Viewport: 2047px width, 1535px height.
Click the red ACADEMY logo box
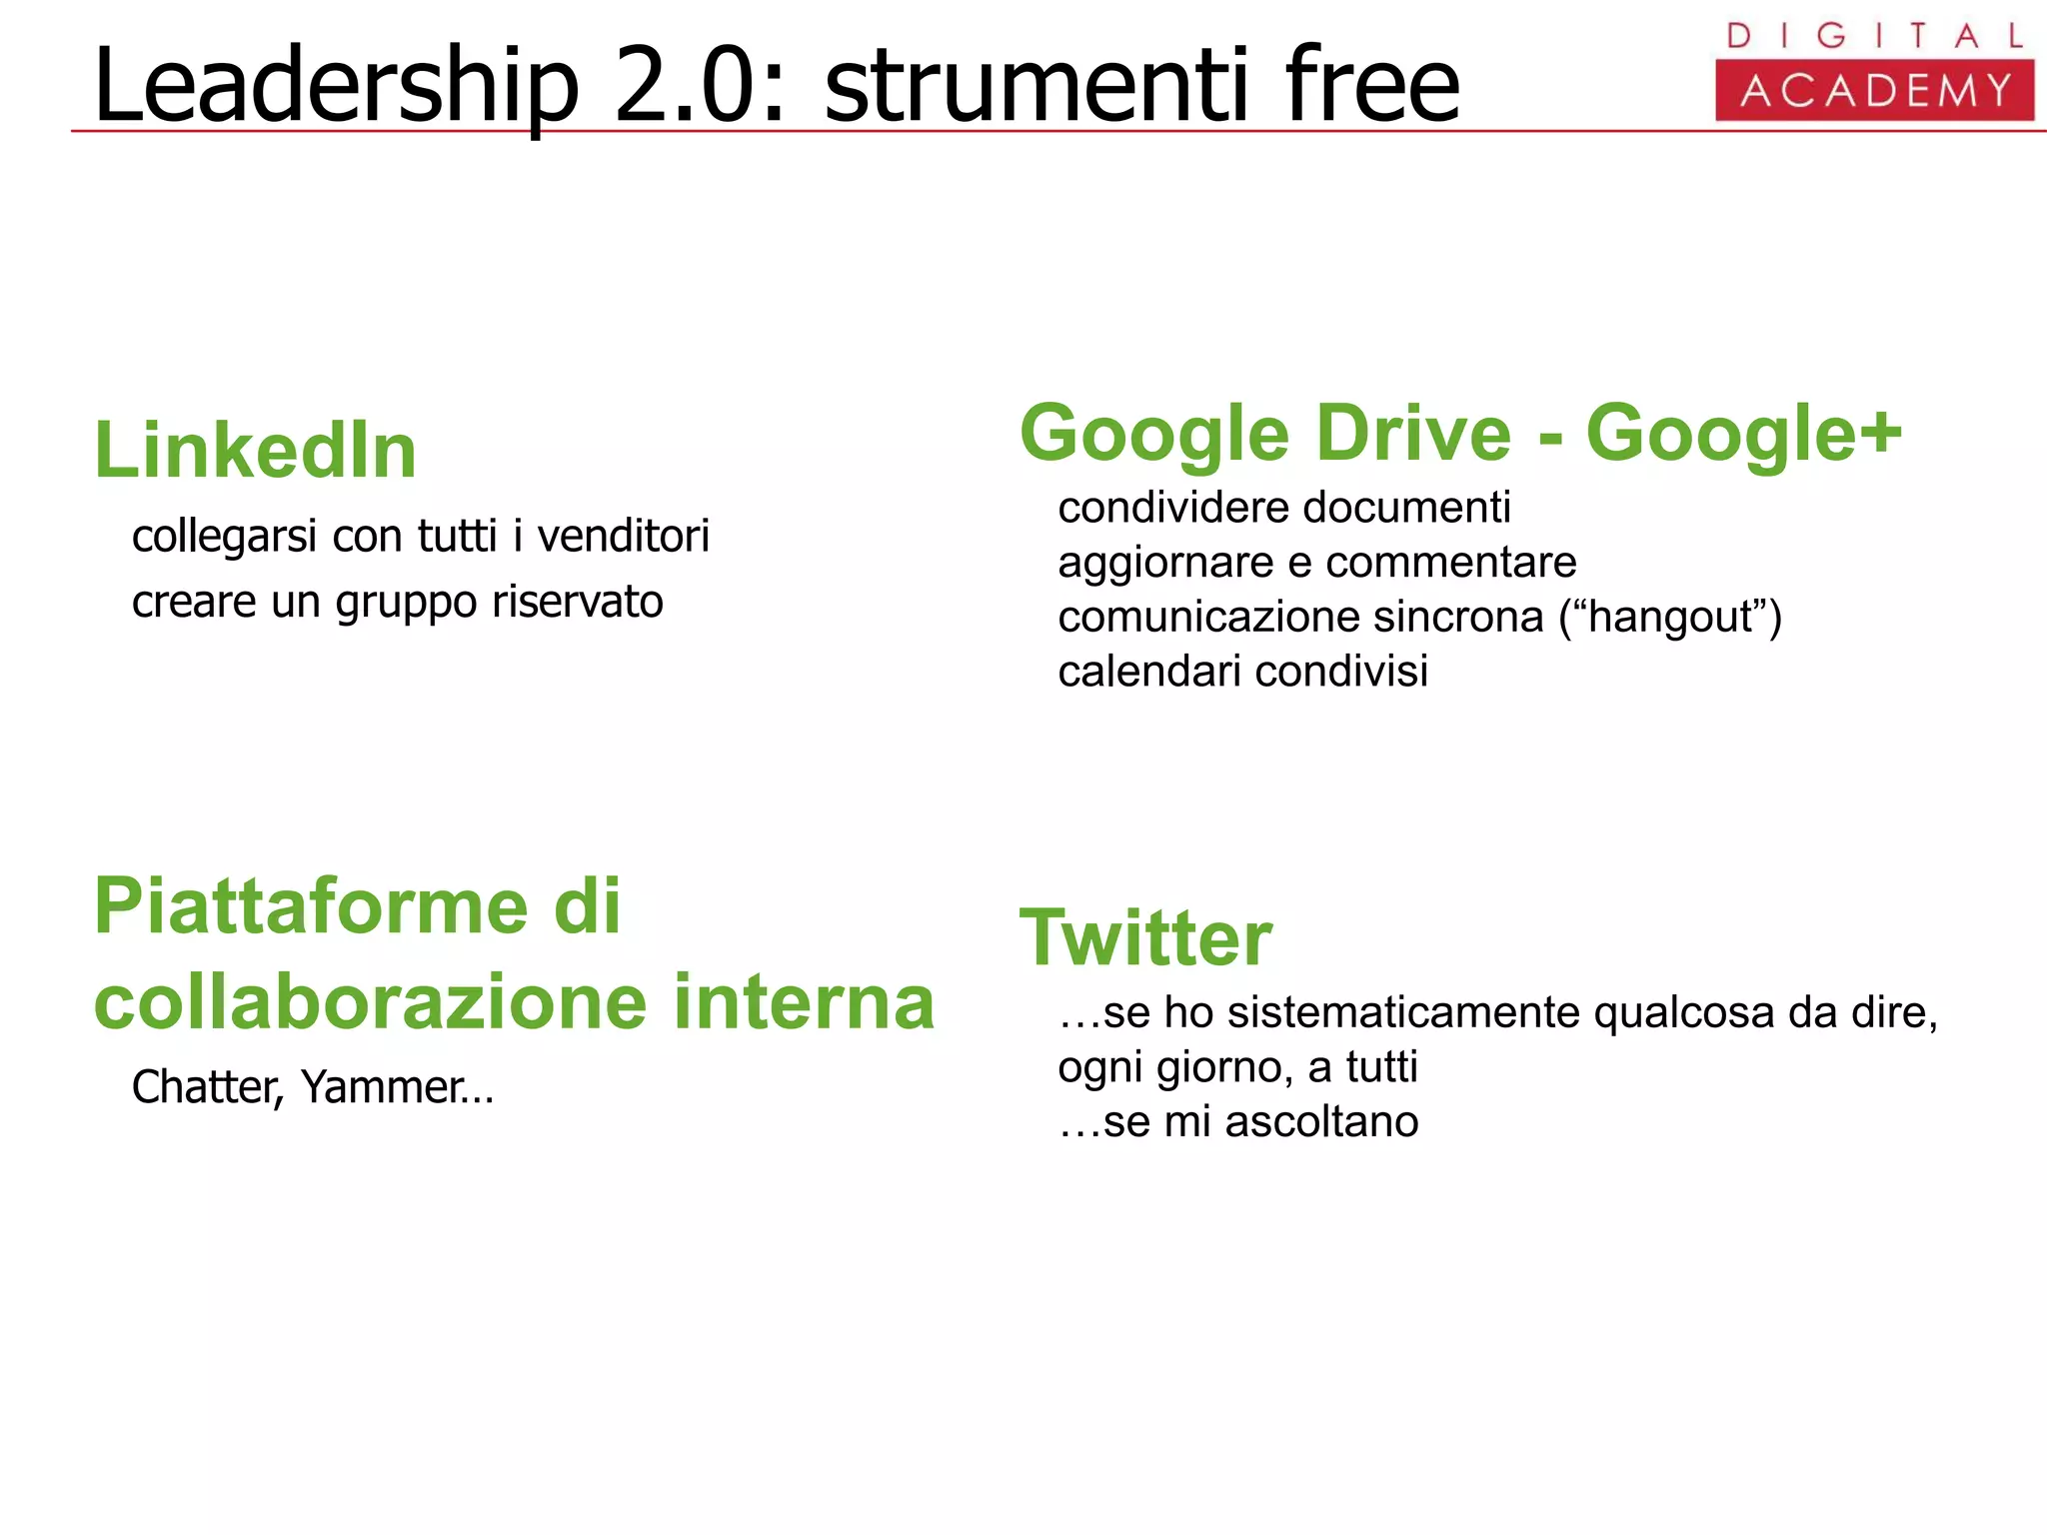[x=1874, y=91]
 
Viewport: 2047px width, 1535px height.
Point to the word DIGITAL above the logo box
[x=1874, y=36]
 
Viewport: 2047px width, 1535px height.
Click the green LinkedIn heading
[x=255, y=451]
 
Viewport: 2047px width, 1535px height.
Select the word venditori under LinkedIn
[x=624, y=537]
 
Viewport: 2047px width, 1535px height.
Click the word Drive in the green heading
[x=1413, y=434]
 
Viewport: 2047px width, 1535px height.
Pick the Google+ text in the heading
[x=1744, y=434]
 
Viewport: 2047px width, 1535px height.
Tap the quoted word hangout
[x=1670, y=618]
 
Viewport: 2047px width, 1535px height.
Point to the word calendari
[x=1149, y=672]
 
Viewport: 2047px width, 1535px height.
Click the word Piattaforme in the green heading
[x=310, y=905]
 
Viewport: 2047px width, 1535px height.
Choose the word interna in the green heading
[x=804, y=1001]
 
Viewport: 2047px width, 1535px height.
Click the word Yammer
[x=385, y=1087]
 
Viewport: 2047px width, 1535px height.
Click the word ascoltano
[x=1321, y=1122]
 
